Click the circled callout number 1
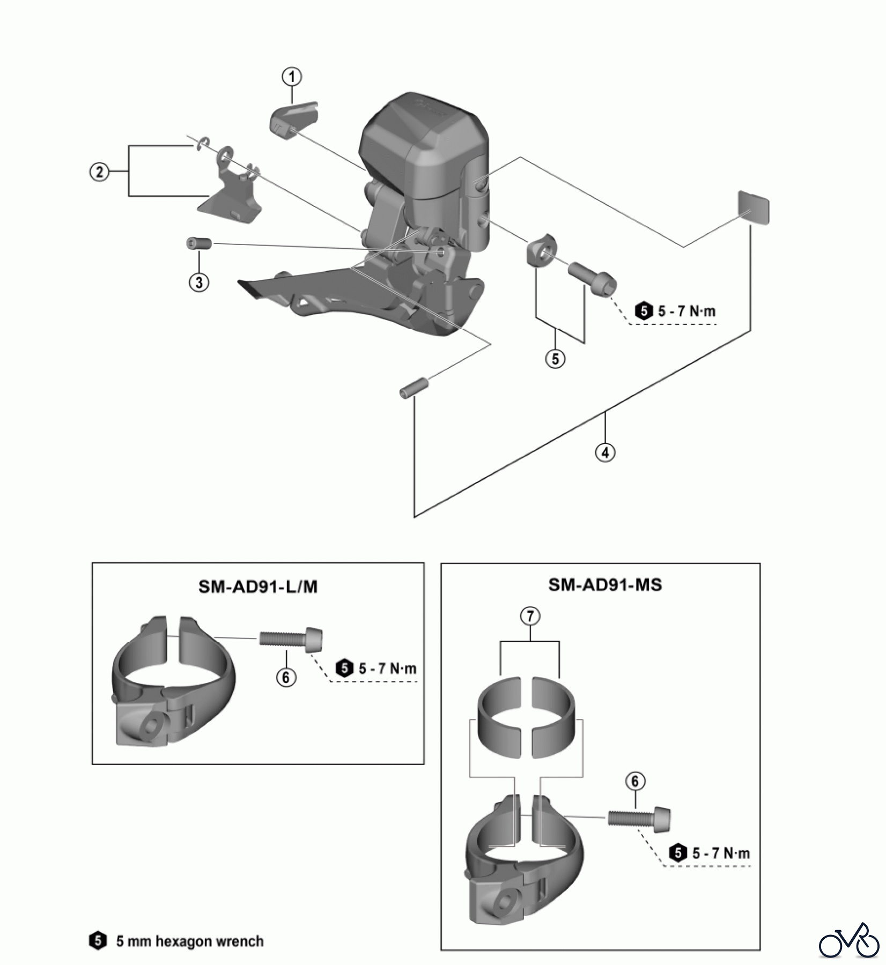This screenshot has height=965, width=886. click(x=292, y=77)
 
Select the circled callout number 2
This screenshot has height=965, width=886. click(x=99, y=173)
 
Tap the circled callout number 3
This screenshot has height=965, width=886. click(x=199, y=282)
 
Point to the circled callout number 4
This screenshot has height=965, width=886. click(x=605, y=452)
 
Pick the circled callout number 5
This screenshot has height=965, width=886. click(x=555, y=359)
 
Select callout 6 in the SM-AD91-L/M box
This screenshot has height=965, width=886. click(x=286, y=678)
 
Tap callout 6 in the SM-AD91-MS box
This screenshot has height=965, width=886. click(x=635, y=782)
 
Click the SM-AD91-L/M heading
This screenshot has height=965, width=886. click(x=258, y=587)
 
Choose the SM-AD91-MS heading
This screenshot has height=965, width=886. click(x=605, y=584)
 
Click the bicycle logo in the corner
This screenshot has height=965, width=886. click(x=850, y=939)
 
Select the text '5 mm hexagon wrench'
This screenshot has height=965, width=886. click(x=190, y=941)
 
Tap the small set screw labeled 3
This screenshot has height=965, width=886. click(x=199, y=243)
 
